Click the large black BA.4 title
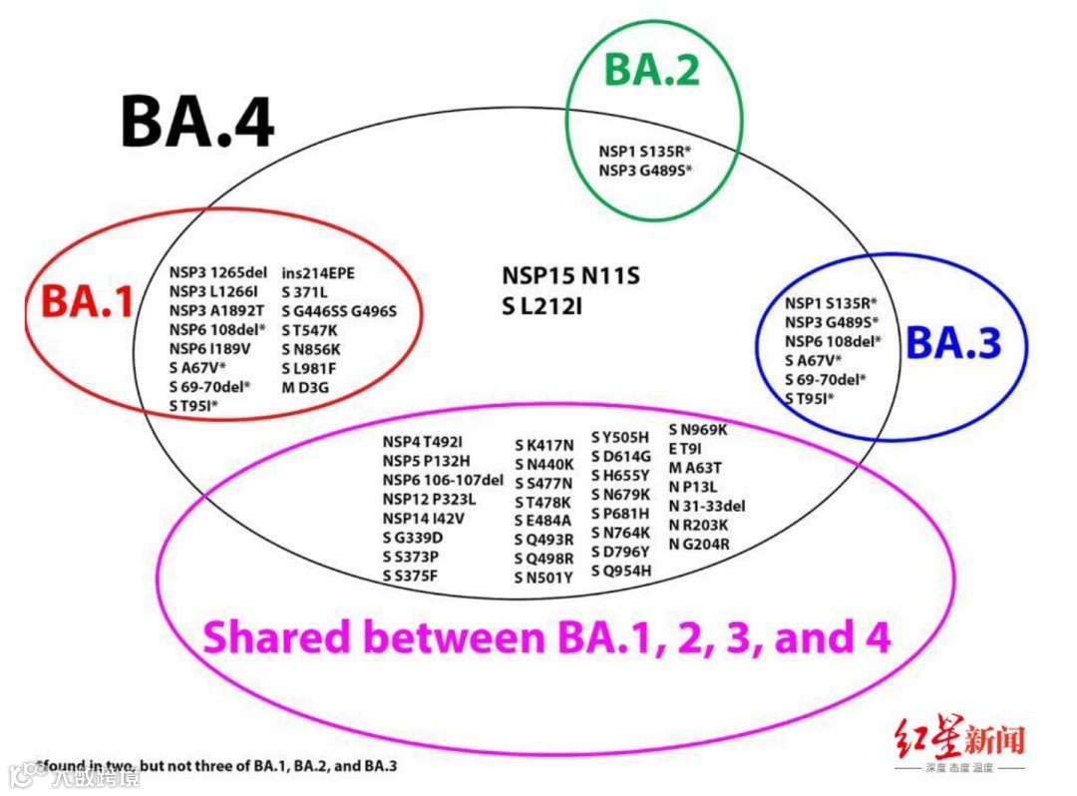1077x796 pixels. (x=197, y=122)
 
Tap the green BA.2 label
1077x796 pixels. (x=652, y=70)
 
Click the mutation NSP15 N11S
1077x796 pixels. (x=570, y=275)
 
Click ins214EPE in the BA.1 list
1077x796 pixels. (x=318, y=272)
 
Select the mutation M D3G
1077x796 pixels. (x=305, y=387)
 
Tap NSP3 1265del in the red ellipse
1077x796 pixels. (x=217, y=272)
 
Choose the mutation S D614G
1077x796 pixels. (x=620, y=456)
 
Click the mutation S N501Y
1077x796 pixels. (x=543, y=578)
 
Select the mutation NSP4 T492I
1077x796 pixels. (x=423, y=443)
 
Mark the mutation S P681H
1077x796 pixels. (x=620, y=513)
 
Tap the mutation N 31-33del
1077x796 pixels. (x=707, y=506)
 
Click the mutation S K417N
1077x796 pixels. (x=544, y=445)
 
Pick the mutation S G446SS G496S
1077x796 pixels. (x=339, y=311)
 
